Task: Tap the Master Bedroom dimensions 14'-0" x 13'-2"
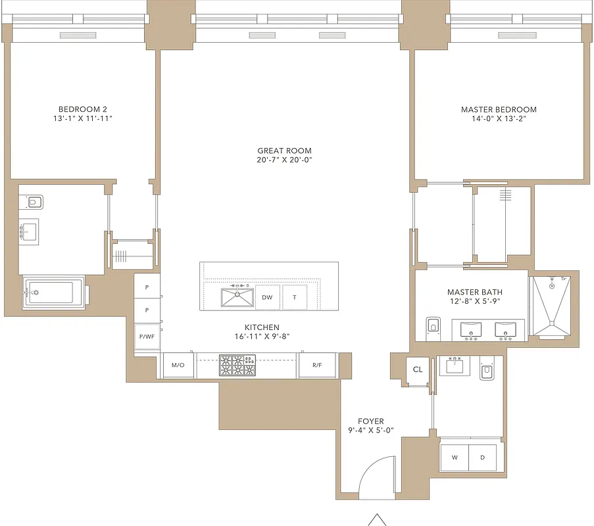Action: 499,119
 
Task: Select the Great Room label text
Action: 284,151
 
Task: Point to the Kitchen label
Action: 262,327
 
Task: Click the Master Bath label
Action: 471,292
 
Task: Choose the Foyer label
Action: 371,421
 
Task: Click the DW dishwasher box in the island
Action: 267,297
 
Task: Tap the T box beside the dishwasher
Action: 295,297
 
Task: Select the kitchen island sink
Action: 237,297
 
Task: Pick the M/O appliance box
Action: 178,365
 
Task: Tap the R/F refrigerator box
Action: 317,365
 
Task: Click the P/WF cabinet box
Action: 146,337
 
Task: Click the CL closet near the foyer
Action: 418,370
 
